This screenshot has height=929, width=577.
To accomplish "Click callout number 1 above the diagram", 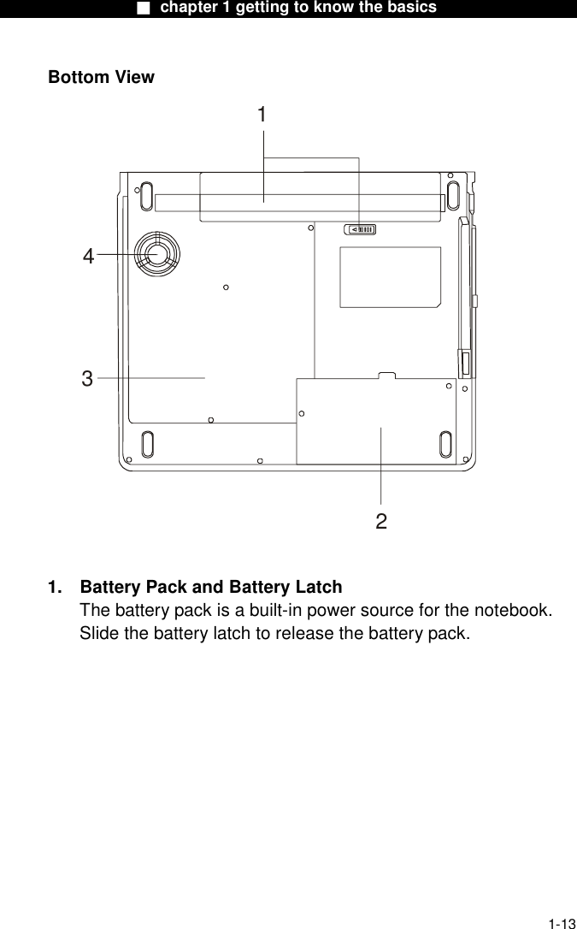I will click(262, 115).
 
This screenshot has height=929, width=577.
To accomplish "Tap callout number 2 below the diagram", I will click(381, 521).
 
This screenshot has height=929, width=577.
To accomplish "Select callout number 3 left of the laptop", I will click(87, 378).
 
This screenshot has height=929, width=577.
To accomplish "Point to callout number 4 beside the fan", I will click(89, 256).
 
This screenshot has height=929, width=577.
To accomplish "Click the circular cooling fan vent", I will click(156, 253).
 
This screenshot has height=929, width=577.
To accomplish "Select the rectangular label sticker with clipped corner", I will click(390, 276).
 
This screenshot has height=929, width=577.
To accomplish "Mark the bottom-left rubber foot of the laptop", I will click(146, 444).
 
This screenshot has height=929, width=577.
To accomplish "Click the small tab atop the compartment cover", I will click(386, 374).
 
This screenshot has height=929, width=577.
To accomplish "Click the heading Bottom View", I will click(101, 77).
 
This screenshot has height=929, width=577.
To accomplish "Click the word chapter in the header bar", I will click(189, 8).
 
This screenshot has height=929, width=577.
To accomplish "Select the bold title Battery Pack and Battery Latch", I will click(210, 588).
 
